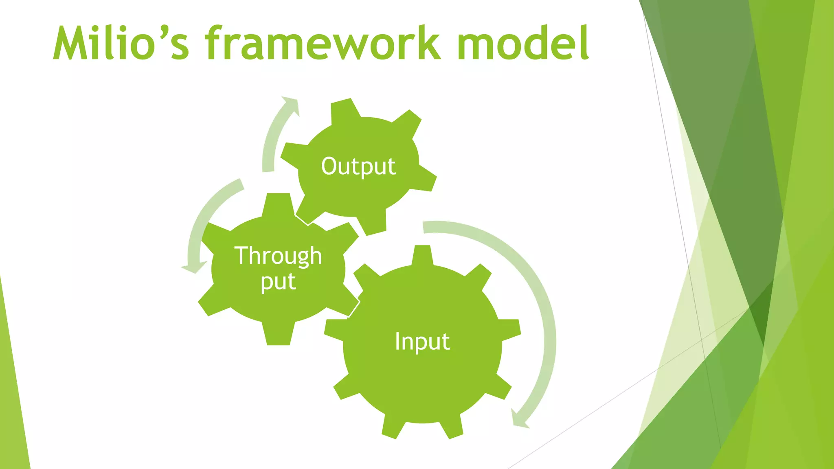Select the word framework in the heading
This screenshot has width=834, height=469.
coord(322,43)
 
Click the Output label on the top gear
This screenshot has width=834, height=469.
coord(358,166)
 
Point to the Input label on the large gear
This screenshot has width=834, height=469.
coord(422,341)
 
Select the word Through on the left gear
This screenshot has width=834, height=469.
coord(278,256)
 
